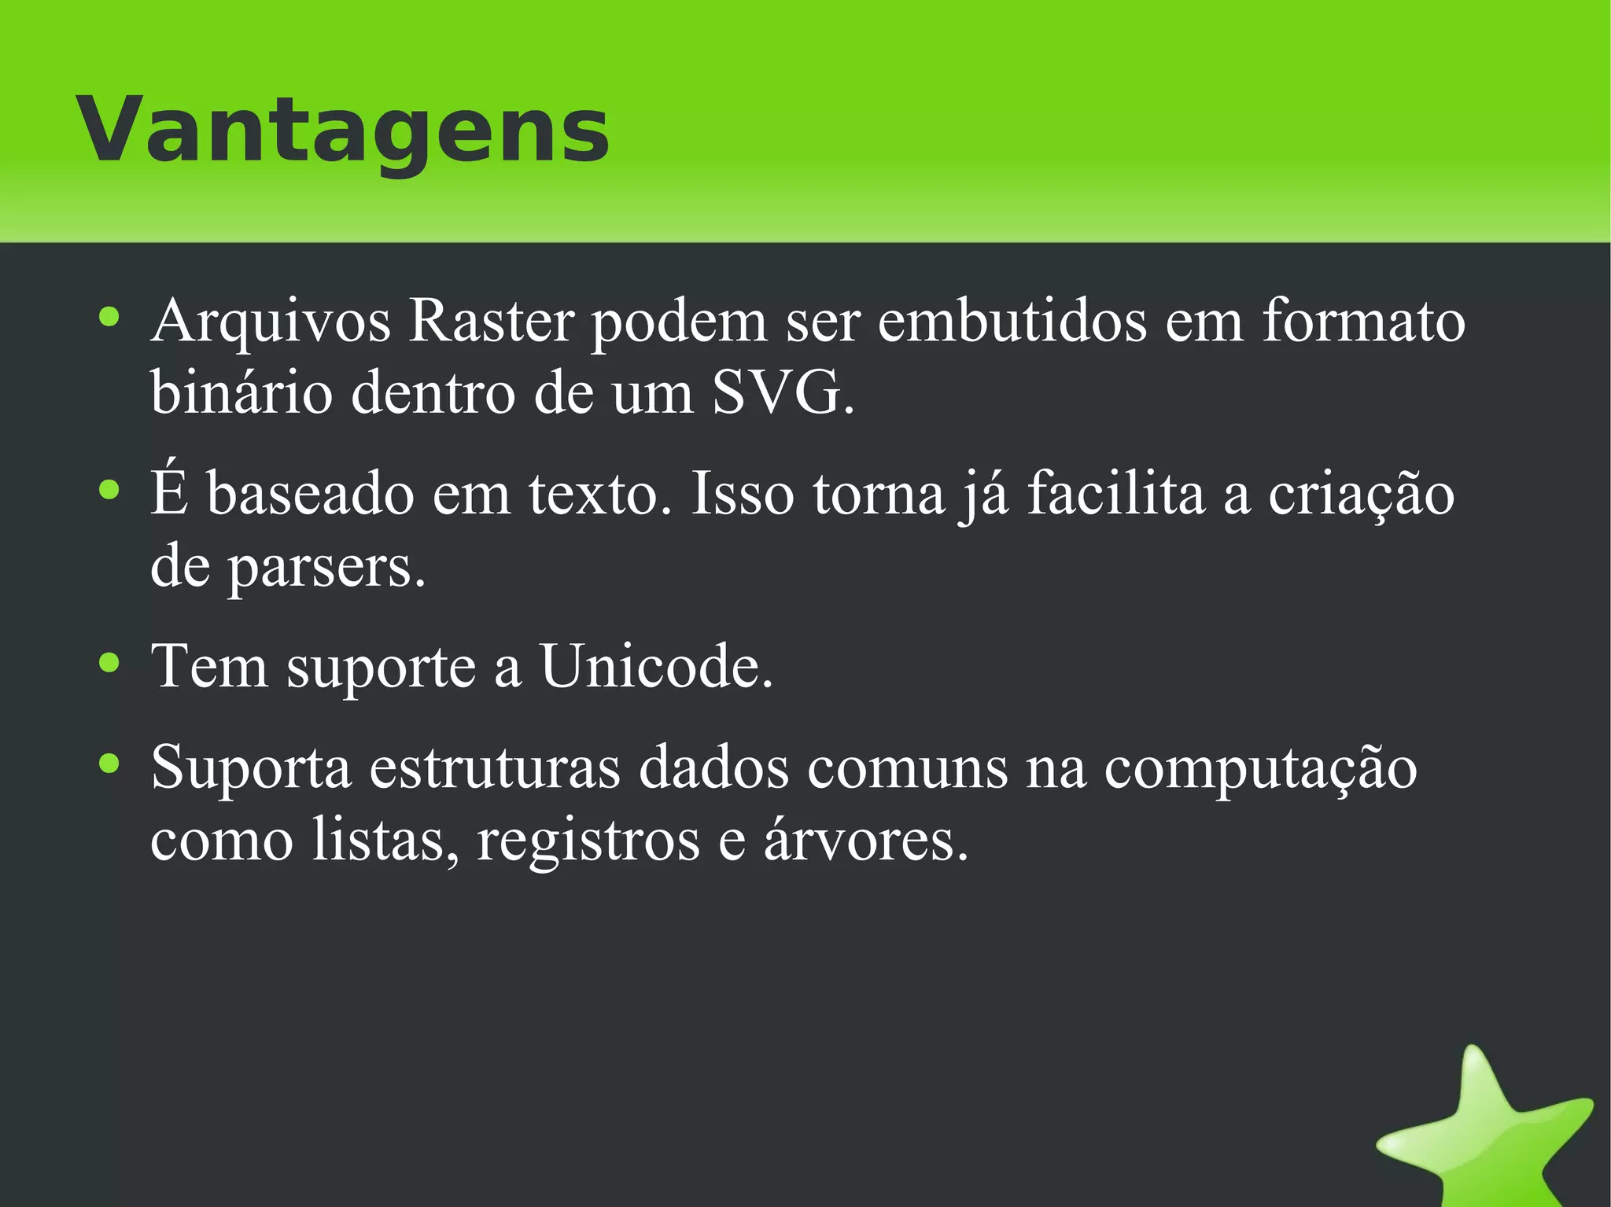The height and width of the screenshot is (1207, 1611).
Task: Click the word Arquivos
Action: [x=271, y=322]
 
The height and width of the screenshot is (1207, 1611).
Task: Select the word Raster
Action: [x=491, y=322]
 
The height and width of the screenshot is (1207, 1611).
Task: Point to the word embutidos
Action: [x=1012, y=322]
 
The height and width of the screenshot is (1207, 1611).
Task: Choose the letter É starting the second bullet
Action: [x=170, y=493]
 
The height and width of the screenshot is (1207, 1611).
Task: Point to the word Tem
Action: [x=209, y=667]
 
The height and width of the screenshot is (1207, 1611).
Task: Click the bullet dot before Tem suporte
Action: [x=109, y=662]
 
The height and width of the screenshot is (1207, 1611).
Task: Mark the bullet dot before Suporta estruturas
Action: [x=109, y=763]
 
